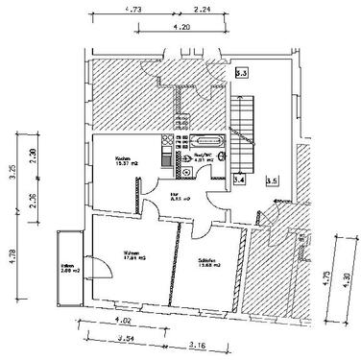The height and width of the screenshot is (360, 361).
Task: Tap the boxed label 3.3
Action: click(x=242, y=72)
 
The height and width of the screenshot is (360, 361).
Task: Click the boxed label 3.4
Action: click(x=239, y=179)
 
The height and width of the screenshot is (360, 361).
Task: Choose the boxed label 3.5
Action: click(x=272, y=180)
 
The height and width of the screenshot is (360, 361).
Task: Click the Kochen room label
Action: click(x=123, y=159)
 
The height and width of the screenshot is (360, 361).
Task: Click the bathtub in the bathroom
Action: click(x=211, y=141)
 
